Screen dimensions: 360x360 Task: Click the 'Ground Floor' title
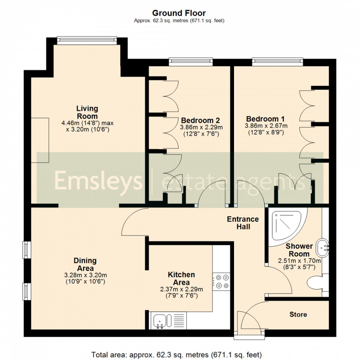click(x=179, y=13)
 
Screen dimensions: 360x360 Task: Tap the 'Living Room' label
click(x=87, y=112)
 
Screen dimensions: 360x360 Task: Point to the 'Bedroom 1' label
click(x=265, y=119)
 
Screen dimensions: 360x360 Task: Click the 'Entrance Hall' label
click(x=242, y=223)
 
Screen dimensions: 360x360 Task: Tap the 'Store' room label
click(x=298, y=314)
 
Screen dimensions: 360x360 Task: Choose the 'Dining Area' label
click(x=85, y=264)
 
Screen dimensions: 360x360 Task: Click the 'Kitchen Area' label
click(x=181, y=278)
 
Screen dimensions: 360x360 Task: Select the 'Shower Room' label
click(x=299, y=250)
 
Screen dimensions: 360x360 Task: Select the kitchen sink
click(x=162, y=321)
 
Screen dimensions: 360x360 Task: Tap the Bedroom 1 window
click(x=277, y=62)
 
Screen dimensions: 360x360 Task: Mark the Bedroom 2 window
click(x=191, y=62)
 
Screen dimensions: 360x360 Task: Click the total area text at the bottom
click(x=176, y=354)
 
